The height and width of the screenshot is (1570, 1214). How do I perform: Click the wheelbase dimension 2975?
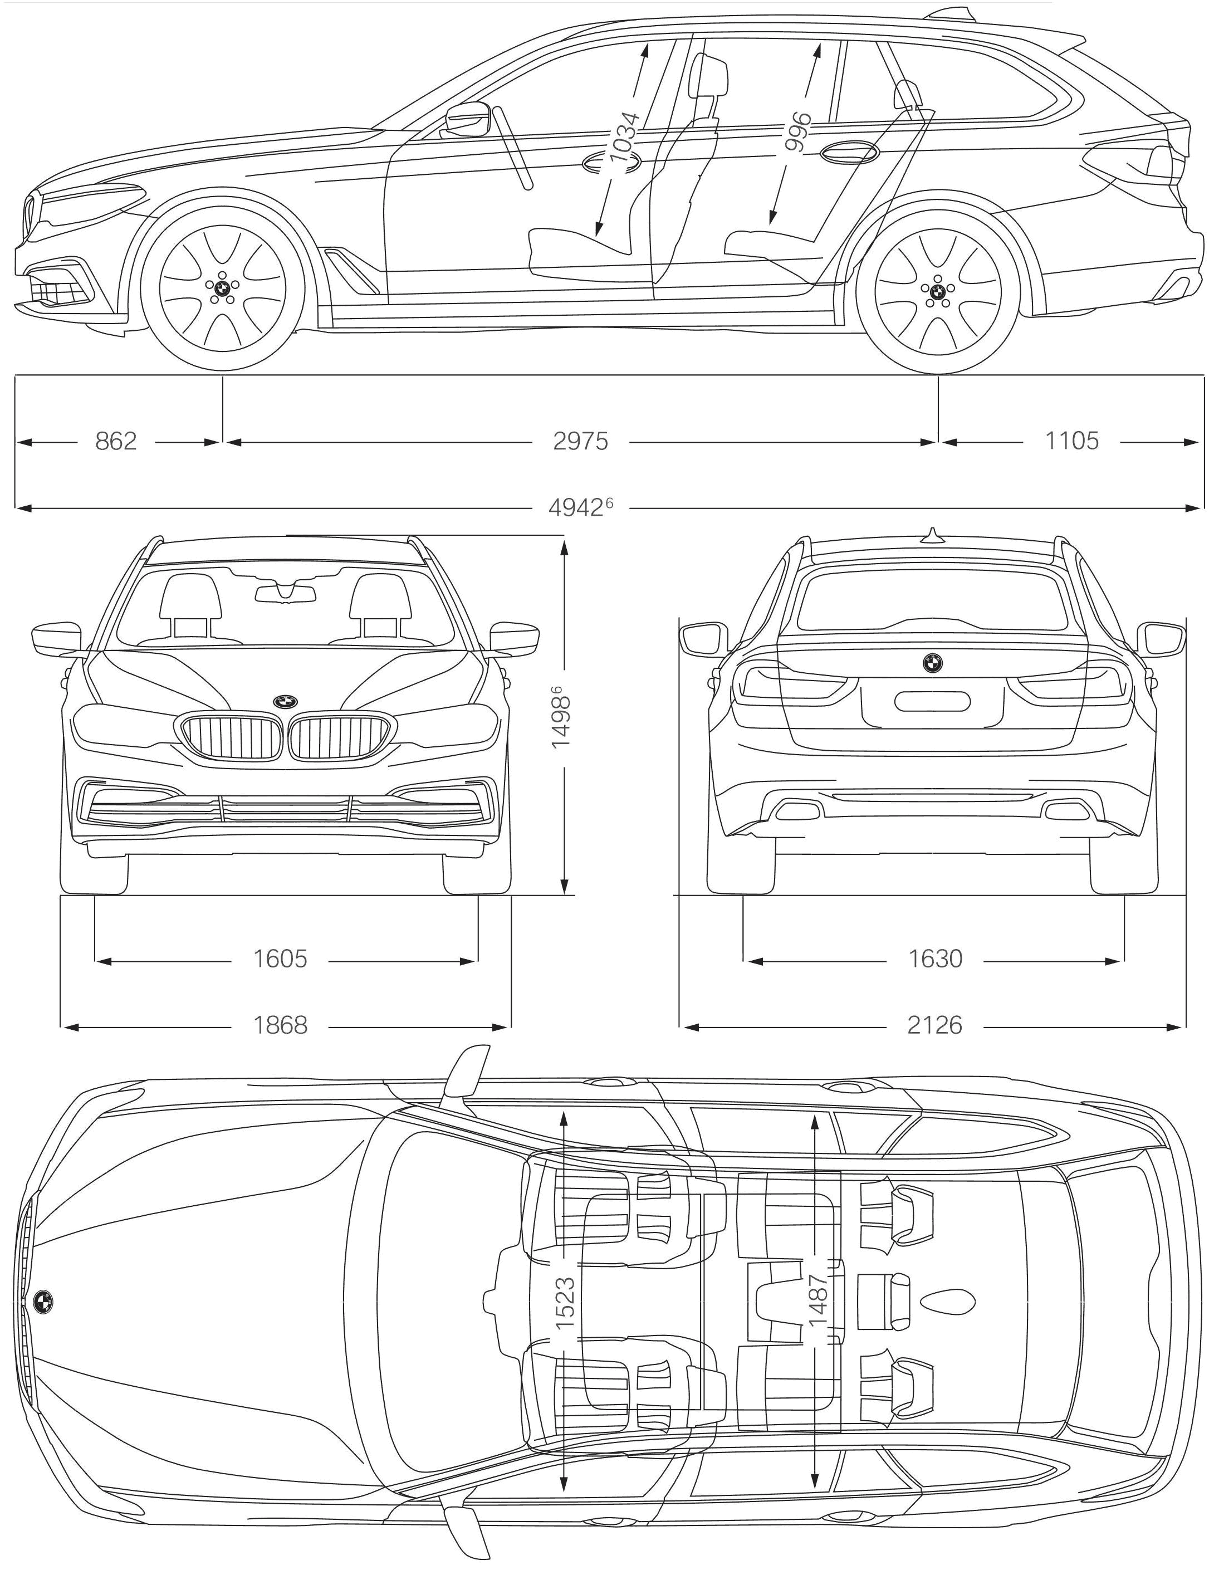pos(580,441)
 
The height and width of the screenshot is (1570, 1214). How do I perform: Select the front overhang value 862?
pos(116,441)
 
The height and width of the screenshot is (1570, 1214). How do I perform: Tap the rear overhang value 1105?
pos(1071,441)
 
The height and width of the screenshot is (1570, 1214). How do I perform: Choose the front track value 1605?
pos(280,959)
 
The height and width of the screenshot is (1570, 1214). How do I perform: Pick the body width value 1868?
pos(280,1024)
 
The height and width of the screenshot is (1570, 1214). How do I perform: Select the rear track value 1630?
pos(934,959)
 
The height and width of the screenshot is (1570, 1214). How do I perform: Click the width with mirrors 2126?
pos(934,1024)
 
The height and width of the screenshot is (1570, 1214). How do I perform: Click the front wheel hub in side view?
pos(222,289)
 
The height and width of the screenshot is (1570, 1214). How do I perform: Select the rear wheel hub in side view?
pos(937,292)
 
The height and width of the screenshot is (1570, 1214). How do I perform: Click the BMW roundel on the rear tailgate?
pos(933,663)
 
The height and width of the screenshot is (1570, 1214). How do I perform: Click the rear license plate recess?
pos(932,701)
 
